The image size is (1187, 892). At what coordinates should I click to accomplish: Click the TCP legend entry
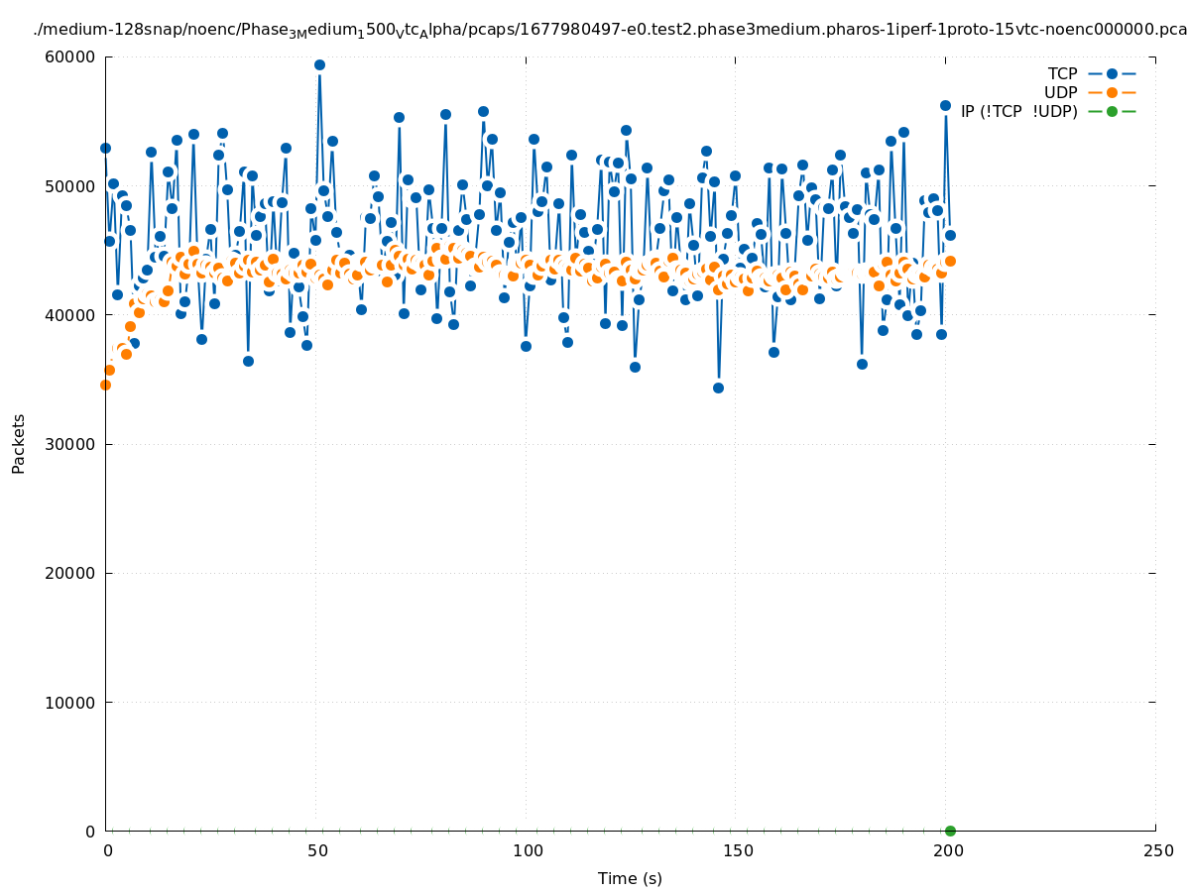[1062, 73]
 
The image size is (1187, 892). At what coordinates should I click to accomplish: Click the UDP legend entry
[1060, 92]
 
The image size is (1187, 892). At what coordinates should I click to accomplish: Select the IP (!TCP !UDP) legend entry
[1018, 111]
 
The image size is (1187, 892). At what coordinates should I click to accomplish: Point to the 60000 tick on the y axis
[76, 56]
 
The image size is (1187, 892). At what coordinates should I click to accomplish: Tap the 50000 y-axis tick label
[76, 186]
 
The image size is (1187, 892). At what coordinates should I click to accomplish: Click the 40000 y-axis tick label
[76, 315]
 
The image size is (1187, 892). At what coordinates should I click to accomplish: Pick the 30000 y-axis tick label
[76, 444]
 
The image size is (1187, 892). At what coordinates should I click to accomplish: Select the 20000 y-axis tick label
[76, 573]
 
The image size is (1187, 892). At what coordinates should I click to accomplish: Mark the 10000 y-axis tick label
[76, 703]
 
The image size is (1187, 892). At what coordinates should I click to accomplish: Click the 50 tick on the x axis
[317, 850]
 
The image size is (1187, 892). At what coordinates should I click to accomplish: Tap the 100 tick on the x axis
[528, 850]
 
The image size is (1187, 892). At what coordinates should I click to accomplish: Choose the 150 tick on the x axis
[737, 850]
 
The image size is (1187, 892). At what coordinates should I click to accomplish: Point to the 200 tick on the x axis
[947, 850]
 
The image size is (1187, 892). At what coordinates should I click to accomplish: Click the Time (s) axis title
[630, 878]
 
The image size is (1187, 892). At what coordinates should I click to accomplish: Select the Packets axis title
[19, 443]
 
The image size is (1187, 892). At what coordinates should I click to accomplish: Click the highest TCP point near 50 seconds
[319, 65]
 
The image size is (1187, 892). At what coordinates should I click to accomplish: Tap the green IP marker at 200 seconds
[950, 831]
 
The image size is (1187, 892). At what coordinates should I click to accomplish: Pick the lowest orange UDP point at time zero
[105, 385]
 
